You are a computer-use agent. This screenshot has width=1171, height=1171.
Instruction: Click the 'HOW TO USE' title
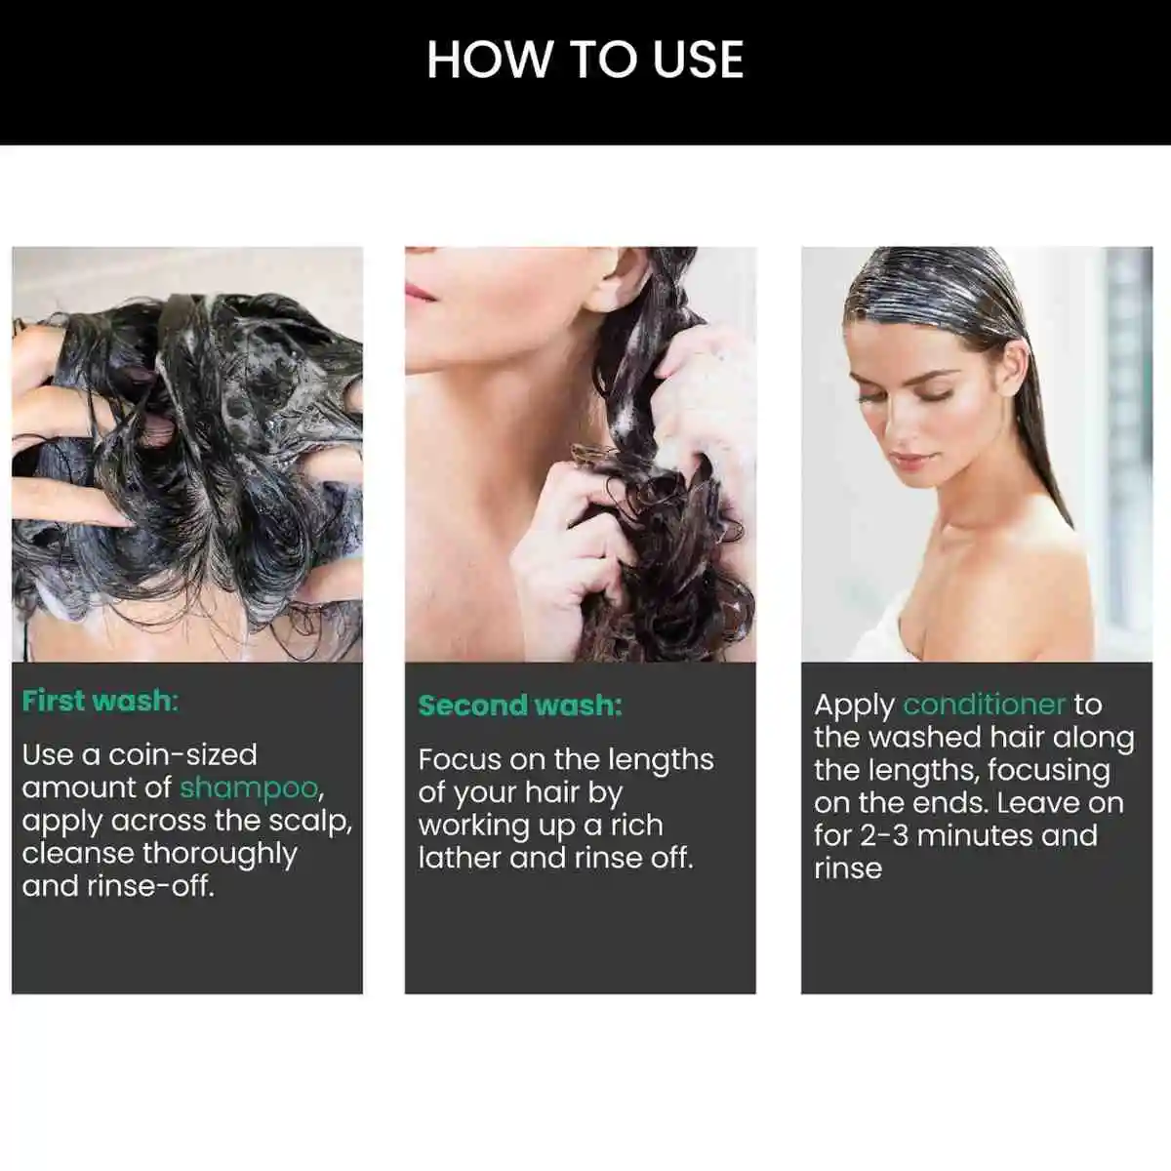pos(585,60)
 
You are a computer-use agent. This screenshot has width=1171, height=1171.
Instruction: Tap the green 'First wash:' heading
pos(100,701)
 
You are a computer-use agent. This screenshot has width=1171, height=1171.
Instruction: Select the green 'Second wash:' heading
pos(519,706)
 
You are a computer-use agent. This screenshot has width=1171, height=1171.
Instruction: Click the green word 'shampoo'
pos(250,787)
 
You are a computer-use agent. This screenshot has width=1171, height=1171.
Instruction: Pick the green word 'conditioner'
pos(984,705)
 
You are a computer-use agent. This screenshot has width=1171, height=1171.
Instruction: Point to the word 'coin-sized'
pos(182,754)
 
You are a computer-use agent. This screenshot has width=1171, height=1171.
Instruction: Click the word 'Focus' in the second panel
pos(460,759)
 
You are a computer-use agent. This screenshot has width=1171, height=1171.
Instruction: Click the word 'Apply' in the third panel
pos(854,706)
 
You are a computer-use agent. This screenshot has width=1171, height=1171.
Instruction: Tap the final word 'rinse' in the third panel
pos(847,868)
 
